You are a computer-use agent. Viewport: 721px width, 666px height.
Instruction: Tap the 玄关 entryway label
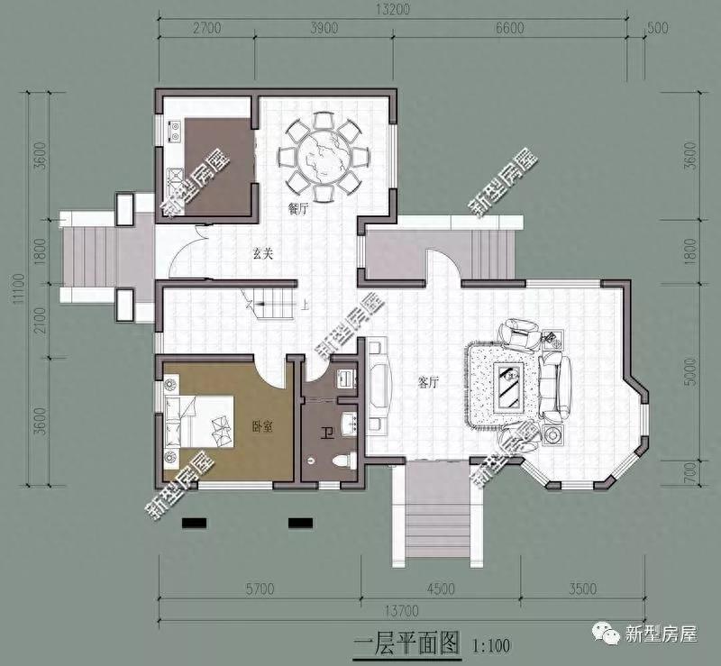point(263,255)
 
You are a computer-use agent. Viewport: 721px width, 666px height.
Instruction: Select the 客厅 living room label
point(427,381)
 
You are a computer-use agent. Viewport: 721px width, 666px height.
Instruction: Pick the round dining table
point(322,159)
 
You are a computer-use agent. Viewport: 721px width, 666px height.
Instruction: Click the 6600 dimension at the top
point(508,28)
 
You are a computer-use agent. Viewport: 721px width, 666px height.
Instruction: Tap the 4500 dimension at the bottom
point(441,590)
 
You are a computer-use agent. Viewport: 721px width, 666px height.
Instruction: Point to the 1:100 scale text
point(489,645)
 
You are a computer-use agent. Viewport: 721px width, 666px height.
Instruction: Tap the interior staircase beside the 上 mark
point(274,303)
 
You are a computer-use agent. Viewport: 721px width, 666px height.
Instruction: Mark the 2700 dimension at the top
point(206,28)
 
